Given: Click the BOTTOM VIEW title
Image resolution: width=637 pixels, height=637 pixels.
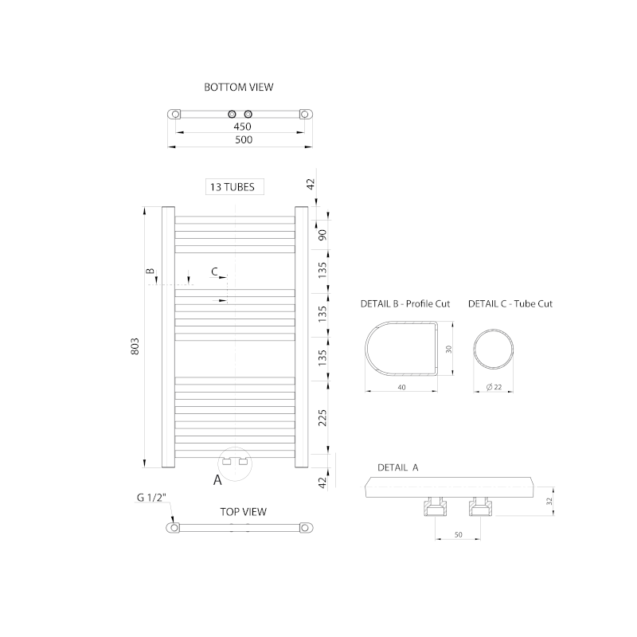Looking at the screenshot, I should click(x=239, y=88).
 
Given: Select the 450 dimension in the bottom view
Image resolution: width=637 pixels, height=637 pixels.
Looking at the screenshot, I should click(x=242, y=127).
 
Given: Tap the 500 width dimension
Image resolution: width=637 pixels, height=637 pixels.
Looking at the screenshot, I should click(x=244, y=140).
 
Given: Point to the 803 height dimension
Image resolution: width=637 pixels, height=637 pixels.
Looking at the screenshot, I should click(x=135, y=346).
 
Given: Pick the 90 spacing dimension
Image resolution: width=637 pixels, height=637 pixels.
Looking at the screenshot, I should click(x=323, y=236).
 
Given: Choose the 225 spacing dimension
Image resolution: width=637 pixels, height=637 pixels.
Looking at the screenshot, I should click(x=323, y=417).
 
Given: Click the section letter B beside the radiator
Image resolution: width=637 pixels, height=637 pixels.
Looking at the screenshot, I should click(x=150, y=272).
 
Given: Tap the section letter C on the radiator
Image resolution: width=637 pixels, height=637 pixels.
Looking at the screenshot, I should click(x=214, y=272).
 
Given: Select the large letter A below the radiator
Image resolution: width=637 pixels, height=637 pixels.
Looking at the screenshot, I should click(x=217, y=480).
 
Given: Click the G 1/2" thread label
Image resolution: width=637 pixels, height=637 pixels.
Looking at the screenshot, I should click(x=150, y=498).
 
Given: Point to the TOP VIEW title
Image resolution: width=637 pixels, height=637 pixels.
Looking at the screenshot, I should click(x=243, y=512).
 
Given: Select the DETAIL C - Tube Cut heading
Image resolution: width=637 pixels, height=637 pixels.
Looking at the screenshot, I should click(x=510, y=303).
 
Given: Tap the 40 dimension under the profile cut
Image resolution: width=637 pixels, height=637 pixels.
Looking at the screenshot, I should click(x=401, y=388).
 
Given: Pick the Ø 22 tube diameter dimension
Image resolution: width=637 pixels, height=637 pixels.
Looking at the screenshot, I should click(x=493, y=388).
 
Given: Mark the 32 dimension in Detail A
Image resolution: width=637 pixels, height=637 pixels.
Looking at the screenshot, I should click(x=549, y=501).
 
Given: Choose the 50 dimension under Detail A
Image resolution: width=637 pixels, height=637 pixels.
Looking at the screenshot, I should click(x=459, y=535).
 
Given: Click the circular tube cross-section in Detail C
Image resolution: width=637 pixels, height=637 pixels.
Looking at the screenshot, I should click(x=494, y=348).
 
